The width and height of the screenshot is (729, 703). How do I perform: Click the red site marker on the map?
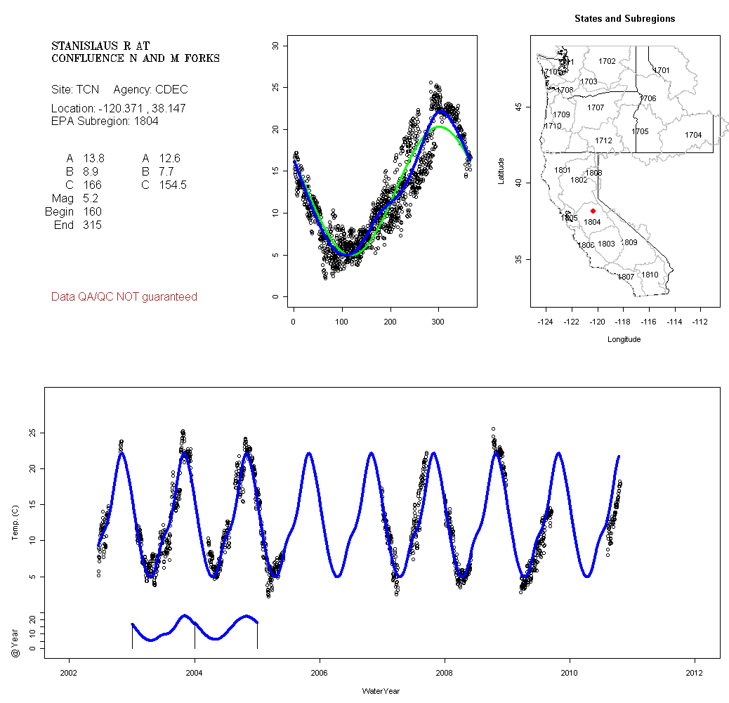pos(593,211)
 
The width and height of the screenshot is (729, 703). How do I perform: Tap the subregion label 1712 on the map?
pos(603,140)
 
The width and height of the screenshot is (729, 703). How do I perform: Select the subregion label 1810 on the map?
pos(650,275)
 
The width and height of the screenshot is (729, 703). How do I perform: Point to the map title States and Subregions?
pos(624,19)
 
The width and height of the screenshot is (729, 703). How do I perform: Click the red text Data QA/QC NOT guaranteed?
pos(124,297)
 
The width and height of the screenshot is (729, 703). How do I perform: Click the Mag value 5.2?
pos(92,199)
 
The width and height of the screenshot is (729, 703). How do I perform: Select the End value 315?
pos(92,225)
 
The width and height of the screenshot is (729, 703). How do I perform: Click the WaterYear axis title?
pos(381,691)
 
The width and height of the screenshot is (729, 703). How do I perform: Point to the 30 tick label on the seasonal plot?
pos(276,46)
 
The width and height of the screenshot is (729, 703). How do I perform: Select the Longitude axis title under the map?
pos(623,339)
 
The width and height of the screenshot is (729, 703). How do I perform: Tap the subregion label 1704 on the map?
pos(693,135)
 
